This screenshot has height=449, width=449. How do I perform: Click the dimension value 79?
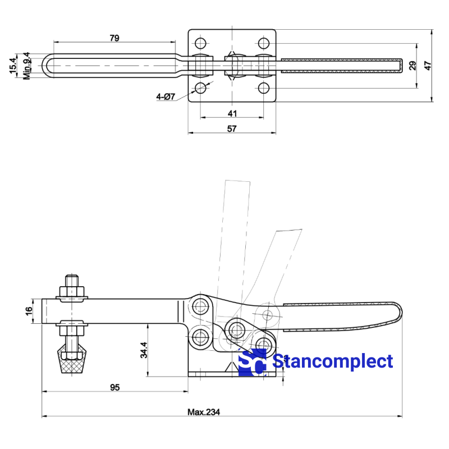point(114,38)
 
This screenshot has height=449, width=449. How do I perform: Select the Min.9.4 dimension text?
point(26,65)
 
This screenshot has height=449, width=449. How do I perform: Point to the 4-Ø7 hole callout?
point(166,97)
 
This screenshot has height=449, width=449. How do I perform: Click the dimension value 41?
point(232,113)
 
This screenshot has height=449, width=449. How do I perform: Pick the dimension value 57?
point(232,129)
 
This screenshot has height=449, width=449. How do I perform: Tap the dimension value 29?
point(413,65)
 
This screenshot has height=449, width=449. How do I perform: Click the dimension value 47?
point(428,65)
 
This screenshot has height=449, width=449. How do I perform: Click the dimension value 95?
point(114,387)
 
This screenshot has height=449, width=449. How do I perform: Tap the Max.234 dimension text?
point(204,411)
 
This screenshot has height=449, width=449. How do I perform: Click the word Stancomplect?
point(333,361)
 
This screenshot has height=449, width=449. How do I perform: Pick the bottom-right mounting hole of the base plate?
point(263,88)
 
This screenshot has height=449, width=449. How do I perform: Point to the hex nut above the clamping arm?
point(72,291)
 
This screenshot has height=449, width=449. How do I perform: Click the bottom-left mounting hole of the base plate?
point(201,88)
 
